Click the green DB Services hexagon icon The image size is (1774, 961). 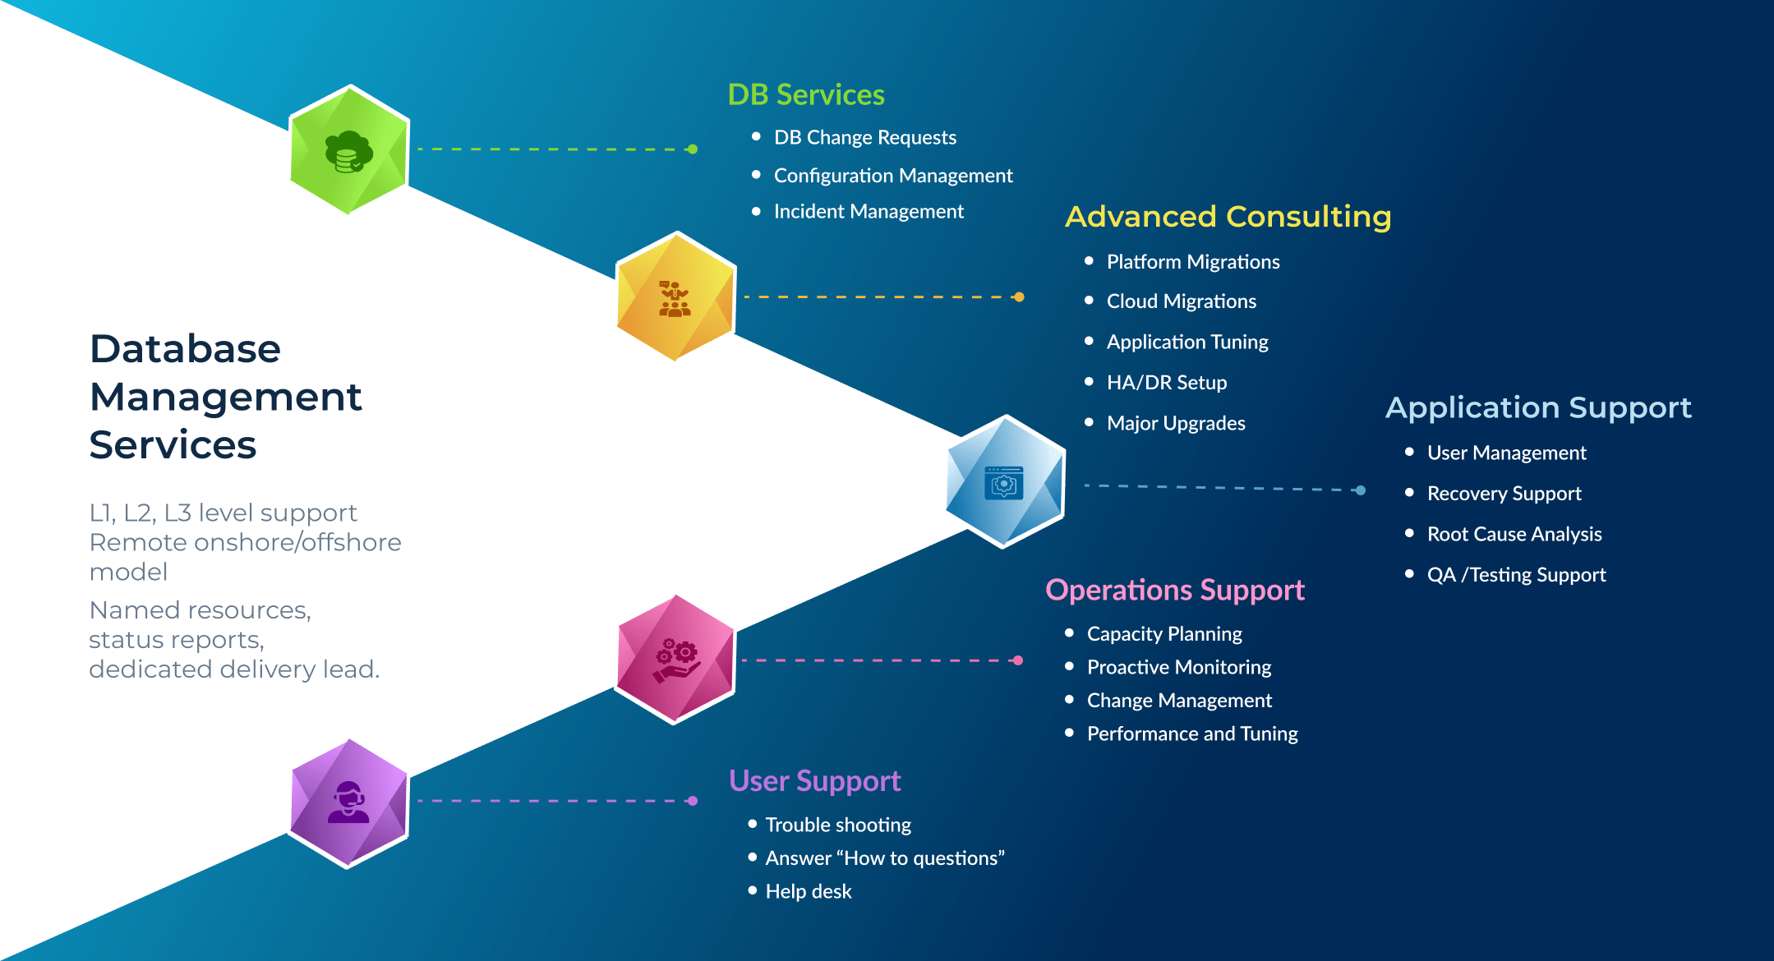pyautogui.click(x=349, y=149)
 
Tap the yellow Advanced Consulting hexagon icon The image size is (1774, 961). pyautogui.click(x=675, y=297)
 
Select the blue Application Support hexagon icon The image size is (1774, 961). pyautogui.click(x=1005, y=481)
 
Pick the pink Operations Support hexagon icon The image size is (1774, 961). pyautogui.click(x=675, y=660)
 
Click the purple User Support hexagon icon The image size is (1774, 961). pyautogui.click(x=349, y=803)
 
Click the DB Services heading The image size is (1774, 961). pyautogui.click(x=806, y=94)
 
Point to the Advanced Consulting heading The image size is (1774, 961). pyautogui.click(x=1228, y=217)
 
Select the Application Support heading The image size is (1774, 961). pyautogui.click(x=1538, y=408)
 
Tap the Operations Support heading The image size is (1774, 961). pyautogui.click(x=1175, y=590)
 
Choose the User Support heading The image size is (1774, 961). pyautogui.click(x=815, y=780)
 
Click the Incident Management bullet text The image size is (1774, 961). pyautogui.click(x=869, y=211)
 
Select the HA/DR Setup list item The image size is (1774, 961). pyautogui.click(x=1167, y=382)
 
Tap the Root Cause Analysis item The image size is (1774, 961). pyautogui.click(x=1514, y=534)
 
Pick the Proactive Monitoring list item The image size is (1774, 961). pyautogui.click(x=1179, y=667)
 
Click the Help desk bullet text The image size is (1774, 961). pyautogui.click(x=809, y=891)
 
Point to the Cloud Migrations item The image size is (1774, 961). pyautogui.click(x=1182, y=301)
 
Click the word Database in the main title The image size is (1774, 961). pyautogui.click(x=185, y=348)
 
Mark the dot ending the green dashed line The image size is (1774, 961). pyautogui.click(x=693, y=149)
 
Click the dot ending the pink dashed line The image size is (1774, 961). pyautogui.click(x=1018, y=660)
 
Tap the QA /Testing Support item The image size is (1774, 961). pyautogui.click(x=1516, y=575)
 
